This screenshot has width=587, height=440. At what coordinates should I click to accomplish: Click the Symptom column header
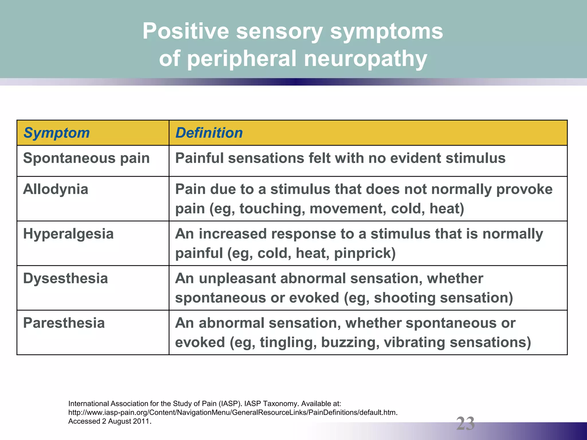point(56,133)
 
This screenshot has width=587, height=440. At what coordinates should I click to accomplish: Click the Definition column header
point(209,133)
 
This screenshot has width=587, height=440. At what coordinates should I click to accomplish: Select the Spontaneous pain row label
point(86,158)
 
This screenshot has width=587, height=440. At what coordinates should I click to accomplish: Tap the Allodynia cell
point(56,189)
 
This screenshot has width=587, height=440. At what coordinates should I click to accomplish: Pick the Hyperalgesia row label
point(68,234)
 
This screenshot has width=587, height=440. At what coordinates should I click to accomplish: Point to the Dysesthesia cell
point(65,278)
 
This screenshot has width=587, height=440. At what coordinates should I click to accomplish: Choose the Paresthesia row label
point(64,323)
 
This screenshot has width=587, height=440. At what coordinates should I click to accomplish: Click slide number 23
point(465,423)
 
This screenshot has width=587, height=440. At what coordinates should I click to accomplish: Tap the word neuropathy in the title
point(365,58)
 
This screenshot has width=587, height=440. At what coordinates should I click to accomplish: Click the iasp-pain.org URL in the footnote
point(233,412)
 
